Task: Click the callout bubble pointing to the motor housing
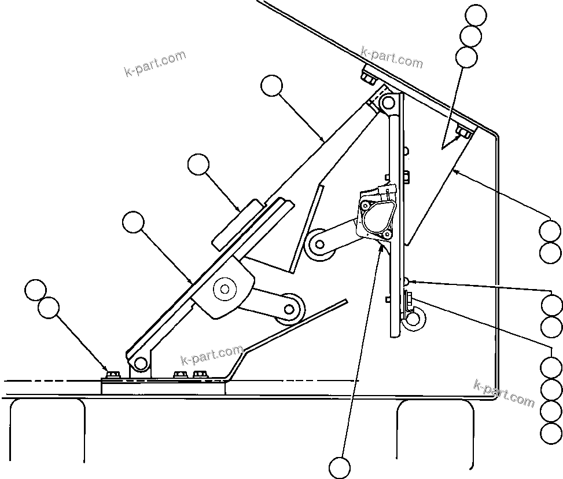click(340, 467)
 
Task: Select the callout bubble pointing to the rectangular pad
click(198, 165)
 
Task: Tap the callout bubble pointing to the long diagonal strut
click(271, 86)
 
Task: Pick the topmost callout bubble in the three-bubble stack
click(476, 16)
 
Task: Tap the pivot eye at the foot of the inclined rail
click(139, 363)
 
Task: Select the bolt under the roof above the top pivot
click(367, 76)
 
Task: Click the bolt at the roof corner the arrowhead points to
click(463, 133)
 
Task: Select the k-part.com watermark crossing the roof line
click(391, 57)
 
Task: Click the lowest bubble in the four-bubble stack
click(550, 432)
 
